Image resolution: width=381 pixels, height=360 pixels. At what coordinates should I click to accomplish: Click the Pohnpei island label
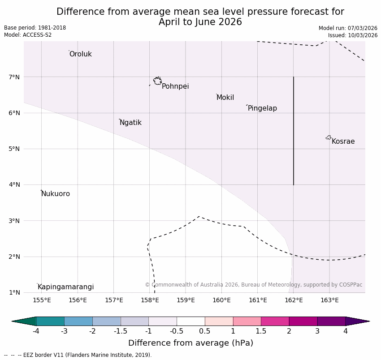(x=175, y=86)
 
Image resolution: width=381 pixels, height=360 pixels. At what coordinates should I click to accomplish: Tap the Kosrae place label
(x=343, y=141)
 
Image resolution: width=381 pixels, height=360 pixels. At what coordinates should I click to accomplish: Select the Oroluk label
(x=80, y=54)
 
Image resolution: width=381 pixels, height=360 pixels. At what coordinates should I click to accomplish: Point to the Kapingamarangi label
(x=65, y=287)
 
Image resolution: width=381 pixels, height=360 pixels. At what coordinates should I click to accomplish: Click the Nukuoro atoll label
(x=56, y=194)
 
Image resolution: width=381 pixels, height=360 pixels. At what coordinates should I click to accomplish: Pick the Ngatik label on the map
(x=130, y=123)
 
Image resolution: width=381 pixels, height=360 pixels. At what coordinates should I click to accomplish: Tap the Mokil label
(x=225, y=98)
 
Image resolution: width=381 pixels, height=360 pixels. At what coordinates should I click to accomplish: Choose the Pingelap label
(x=262, y=108)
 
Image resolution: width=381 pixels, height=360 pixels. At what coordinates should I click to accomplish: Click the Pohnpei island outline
(x=157, y=81)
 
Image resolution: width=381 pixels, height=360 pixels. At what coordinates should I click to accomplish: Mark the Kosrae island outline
(x=329, y=137)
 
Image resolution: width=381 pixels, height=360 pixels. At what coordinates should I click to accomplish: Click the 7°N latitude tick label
(x=14, y=77)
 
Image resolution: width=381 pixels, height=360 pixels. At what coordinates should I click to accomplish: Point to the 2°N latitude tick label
(x=14, y=257)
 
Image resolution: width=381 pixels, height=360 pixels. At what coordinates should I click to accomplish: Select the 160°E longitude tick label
(x=221, y=300)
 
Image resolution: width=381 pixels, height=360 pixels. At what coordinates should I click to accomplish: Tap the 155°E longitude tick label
(x=42, y=300)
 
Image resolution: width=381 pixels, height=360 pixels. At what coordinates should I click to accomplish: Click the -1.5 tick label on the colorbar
(x=121, y=331)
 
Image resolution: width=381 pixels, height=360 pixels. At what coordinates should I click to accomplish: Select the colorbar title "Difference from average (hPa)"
(x=190, y=343)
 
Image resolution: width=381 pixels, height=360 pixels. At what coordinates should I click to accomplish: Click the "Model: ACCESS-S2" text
(x=28, y=35)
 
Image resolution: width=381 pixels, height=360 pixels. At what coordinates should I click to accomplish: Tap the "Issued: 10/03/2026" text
(x=352, y=35)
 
